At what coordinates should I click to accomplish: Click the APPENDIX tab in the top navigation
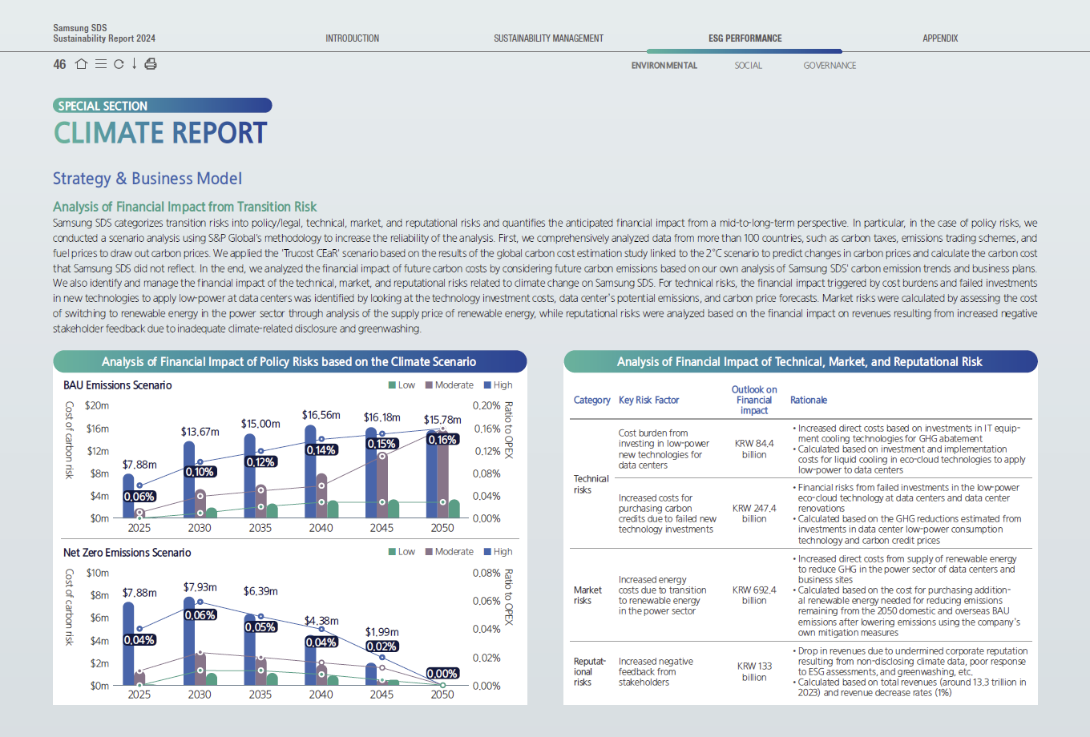point(939,38)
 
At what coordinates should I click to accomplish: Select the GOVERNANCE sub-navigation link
point(830,66)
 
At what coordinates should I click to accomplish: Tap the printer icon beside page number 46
point(151,64)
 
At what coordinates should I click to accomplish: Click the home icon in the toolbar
point(81,64)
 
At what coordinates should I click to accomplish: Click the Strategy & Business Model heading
point(147,179)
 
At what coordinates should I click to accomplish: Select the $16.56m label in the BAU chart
point(321,415)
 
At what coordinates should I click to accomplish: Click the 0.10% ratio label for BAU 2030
point(200,472)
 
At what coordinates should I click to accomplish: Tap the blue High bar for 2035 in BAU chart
point(249,476)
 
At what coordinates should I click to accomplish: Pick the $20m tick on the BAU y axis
point(97,406)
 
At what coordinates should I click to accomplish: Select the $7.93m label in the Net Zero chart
point(200,587)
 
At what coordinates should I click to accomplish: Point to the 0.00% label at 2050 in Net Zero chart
point(442,674)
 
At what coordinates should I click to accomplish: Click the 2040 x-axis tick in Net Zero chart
point(321,695)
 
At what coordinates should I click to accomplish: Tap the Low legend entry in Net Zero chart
point(402,552)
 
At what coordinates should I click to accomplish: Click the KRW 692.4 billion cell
point(754,595)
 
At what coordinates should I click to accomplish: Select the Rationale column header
point(808,400)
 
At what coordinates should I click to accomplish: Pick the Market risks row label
point(587,595)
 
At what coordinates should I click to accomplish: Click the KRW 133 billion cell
point(754,671)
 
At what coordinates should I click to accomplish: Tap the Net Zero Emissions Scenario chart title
point(127,553)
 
